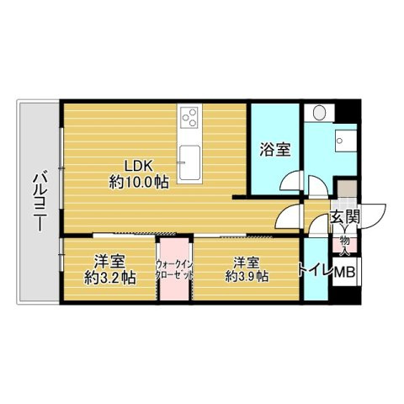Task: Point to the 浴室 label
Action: tap(274, 150)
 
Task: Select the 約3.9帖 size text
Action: tap(247, 274)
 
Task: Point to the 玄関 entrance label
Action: tap(345, 217)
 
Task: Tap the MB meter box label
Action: tap(345, 271)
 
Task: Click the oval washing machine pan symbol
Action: tap(319, 113)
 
